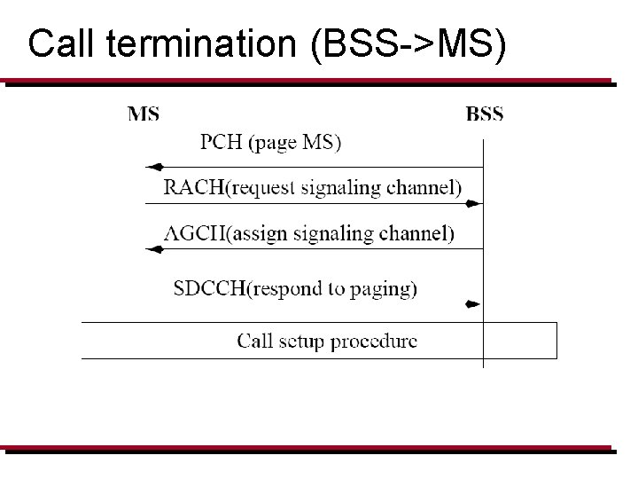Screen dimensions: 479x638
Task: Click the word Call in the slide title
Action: [x=55, y=44]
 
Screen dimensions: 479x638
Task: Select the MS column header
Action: [x=144, y=114]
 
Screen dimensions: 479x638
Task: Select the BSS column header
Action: [x=484, y=114]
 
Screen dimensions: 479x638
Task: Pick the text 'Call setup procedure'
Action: [x=327, y=341]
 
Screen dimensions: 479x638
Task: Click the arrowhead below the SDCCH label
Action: [x=472, y=304]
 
